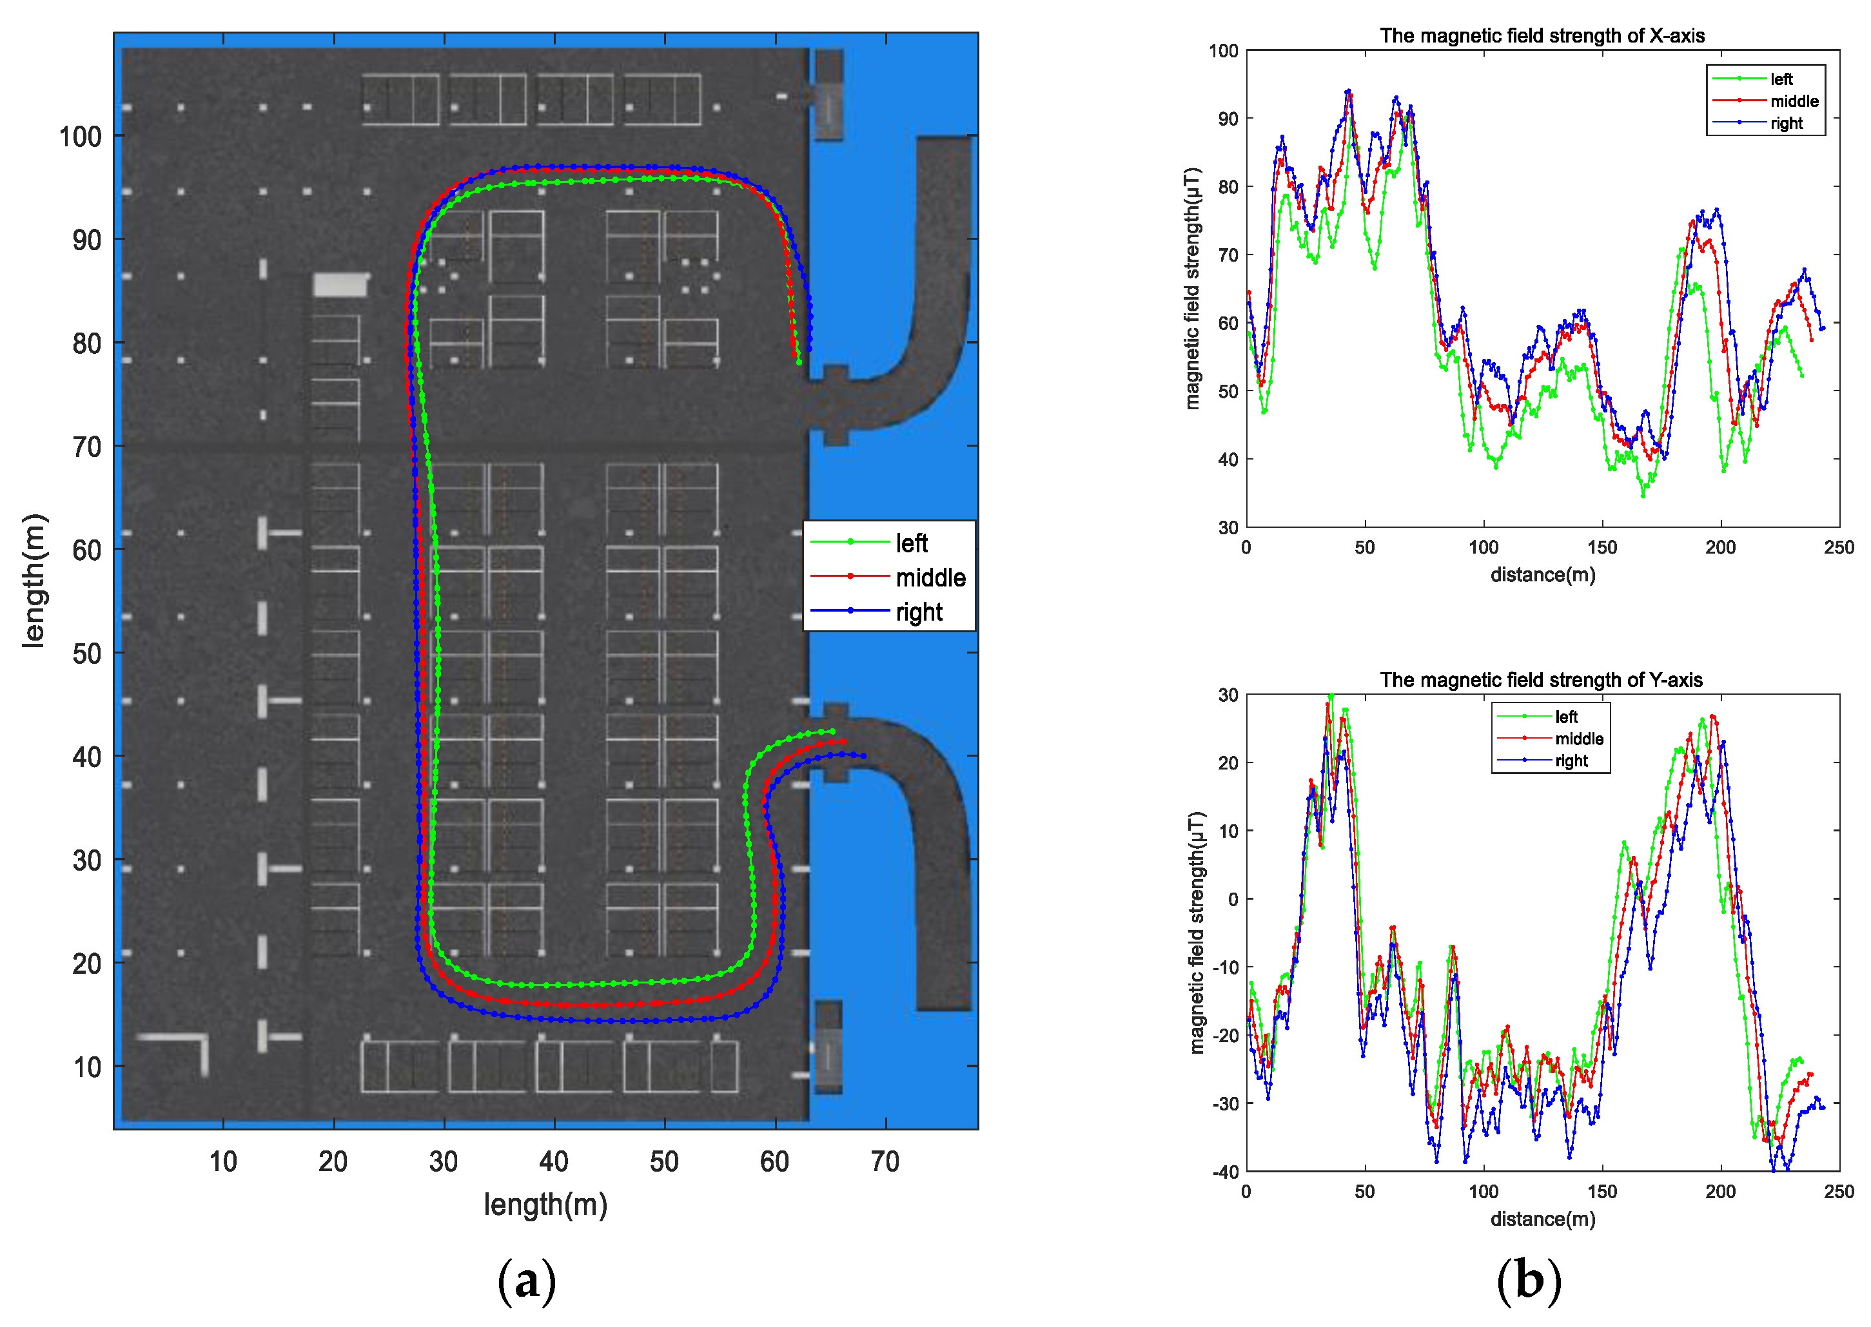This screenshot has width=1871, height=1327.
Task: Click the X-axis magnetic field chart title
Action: pos(1542,36)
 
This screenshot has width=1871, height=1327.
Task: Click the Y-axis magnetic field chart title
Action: pos(1541,680)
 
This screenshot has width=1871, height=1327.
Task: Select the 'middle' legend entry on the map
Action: pos(930,577)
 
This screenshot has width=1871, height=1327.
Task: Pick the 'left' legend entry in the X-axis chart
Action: pos(1781,79)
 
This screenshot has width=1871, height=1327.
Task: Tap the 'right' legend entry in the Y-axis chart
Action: pos(1571,760)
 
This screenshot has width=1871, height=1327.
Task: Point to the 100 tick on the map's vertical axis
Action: pos(80,137)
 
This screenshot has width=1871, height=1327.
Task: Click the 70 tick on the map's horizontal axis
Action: pos(885,1161)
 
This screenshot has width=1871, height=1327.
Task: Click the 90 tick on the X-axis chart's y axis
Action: pos(1228,119)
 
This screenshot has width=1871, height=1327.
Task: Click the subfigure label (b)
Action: pos(1529,1281)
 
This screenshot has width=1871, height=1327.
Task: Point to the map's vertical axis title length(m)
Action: pos(34,581)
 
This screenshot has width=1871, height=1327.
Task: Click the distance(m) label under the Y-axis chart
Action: pos(1542,1219)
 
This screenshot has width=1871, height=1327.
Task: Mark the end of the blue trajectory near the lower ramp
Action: pos(863,756)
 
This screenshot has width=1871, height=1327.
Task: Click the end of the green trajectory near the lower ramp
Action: pos(832,731)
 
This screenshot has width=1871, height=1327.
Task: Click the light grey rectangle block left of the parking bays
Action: pos(340,284)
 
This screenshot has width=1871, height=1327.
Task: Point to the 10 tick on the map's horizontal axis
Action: pos(223,1161)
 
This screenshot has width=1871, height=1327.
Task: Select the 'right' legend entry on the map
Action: pos(919,612)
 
